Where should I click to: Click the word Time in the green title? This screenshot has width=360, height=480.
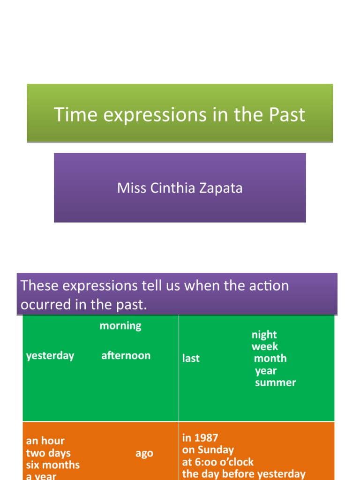click(75, 114)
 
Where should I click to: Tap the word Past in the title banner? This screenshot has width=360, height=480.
click(287, 114)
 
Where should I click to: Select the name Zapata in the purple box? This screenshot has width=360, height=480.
click(221, 188)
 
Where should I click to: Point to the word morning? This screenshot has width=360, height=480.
click(120, 326)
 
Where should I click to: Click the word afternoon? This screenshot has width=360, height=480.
click(126, 355)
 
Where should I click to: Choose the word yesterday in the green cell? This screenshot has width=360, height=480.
click(50, 356)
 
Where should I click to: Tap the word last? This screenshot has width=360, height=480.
click(191, 358)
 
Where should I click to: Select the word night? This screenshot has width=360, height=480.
click(264, 335)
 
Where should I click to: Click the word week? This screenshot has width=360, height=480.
click(265, 346)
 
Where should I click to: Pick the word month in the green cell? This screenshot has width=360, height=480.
click(270, 358)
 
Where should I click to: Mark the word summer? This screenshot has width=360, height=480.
click(276, 382)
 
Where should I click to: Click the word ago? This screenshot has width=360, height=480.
click(144, 454)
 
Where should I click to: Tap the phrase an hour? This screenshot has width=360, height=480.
click(45, 441)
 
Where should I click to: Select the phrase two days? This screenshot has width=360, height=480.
click(48, 453)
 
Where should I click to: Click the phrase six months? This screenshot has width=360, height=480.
click(53, 465)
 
